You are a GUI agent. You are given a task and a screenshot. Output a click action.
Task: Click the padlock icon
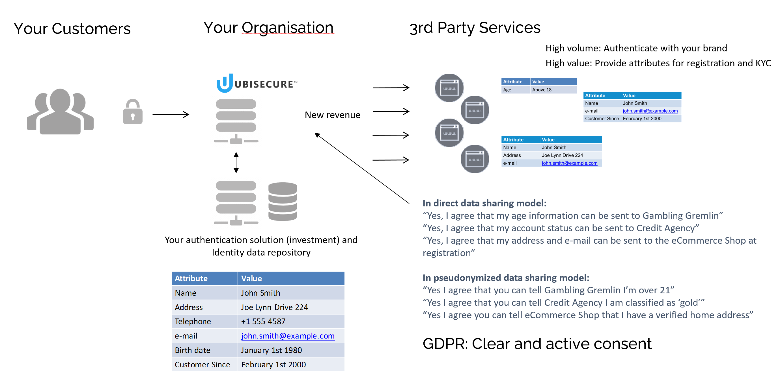(x=133, y=112)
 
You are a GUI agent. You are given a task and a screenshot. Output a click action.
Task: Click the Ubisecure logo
(x=257, y=83)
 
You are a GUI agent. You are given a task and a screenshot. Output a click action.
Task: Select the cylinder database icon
(x=282, y=201)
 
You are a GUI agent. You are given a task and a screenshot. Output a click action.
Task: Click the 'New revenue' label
(x=332, y=115)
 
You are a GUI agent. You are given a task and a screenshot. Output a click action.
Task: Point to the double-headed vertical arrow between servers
(x=236, y=162)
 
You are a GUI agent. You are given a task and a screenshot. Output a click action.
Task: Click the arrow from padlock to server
(x=171, y=115)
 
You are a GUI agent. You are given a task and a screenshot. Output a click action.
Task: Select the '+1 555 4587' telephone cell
(x=263, y=321)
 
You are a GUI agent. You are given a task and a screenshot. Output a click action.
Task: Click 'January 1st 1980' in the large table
(x=271, y=350)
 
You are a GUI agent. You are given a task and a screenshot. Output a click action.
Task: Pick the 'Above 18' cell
(x=542, y=90)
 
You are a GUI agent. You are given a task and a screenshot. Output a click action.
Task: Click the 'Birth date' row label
(x=193, y=350)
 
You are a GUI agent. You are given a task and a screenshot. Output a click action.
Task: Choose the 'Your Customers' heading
(x=72, y=29)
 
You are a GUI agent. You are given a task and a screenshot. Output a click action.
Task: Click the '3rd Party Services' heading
(x=475, y=28)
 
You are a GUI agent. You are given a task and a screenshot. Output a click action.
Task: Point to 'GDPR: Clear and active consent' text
(x=537, y=344)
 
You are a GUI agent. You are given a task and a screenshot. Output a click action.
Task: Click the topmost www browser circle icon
(x=449, y=88)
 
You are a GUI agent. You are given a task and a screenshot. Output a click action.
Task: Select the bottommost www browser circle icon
(x=475, y=159)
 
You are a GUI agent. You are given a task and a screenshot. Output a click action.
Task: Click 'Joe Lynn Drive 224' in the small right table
(x=562, y=155)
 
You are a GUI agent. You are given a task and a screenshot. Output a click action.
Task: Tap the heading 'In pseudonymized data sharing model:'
(x=505, y=278)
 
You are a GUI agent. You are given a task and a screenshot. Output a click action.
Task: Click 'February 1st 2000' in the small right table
(x=642, y=119)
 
